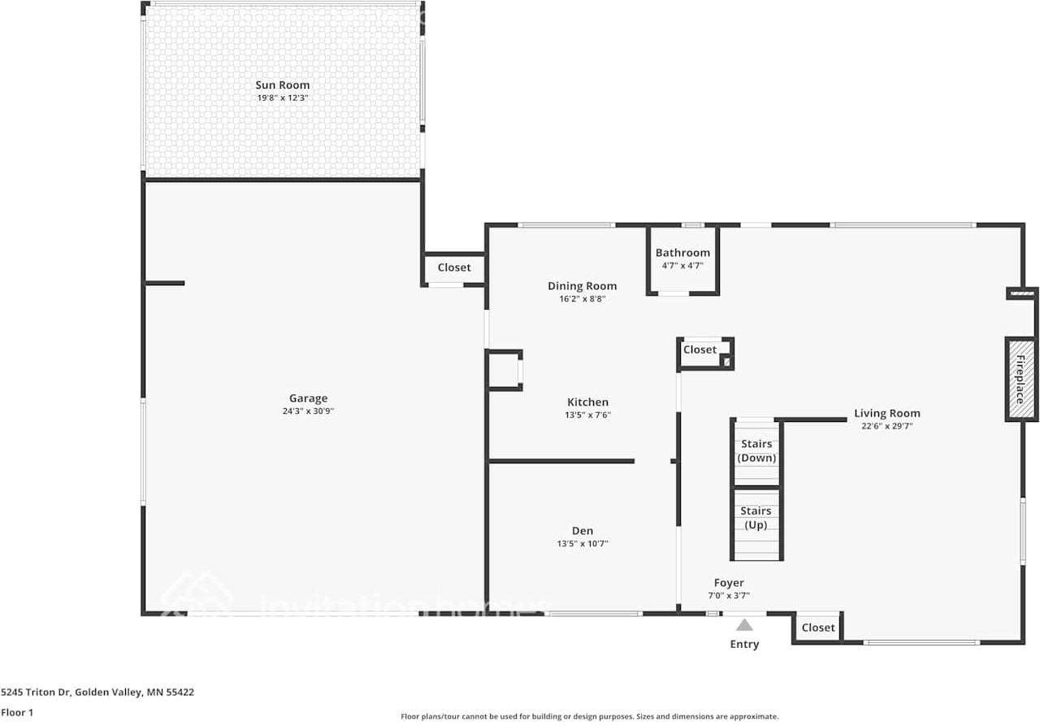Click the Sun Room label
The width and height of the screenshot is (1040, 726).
coord(282,85)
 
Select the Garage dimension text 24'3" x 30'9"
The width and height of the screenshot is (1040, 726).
coord(308,411)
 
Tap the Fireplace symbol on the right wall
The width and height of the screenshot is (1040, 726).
coord(1020,379)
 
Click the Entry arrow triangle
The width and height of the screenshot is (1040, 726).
coord(744,625)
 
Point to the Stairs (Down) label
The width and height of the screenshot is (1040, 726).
coord(756,451)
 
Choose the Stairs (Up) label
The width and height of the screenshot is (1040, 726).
coord(756,518)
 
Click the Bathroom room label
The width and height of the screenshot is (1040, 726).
coord(682,253)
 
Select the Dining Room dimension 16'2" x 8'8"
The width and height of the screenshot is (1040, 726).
coord(582,299)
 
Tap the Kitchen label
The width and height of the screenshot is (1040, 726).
coord(587,402)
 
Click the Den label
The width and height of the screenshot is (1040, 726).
coord(583,531)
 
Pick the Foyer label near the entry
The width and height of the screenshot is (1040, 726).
coord(729,583)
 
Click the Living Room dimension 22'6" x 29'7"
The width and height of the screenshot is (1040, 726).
coord(886,425)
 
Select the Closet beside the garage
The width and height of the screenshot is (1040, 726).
coord(453,267)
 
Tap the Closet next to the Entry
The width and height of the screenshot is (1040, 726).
coord(817,628)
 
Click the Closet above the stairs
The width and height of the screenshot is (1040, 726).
coord(700,350)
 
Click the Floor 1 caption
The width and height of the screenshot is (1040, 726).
coord(18,712)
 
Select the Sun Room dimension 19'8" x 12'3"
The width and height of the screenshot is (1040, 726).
coord(282,98)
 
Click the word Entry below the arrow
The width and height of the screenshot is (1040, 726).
coord(744,644)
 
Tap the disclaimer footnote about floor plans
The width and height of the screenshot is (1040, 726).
coord(589,716)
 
